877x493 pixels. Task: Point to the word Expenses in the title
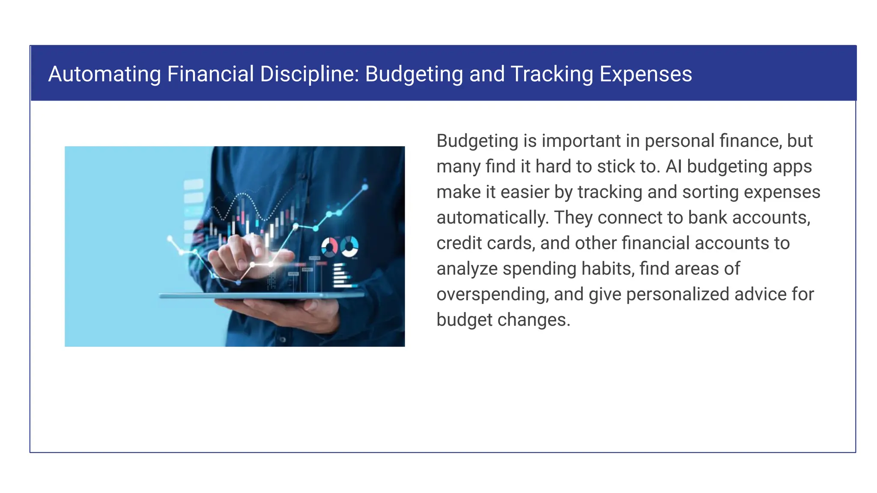pyautogui.click(x=645, y=74)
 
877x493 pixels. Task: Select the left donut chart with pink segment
pyautogui.click(x=329, y=247)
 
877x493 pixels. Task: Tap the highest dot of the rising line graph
pyautogui.click(x=365, y=187)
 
